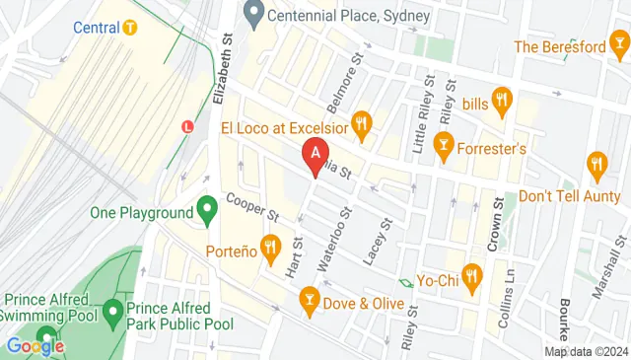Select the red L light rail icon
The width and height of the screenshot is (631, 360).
pyautogui.click(x=188, y=126)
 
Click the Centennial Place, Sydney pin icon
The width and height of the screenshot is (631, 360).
pyautogui.click(x=253, y=16)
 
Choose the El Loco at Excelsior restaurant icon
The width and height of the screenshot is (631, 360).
pyautogui.click(x=363, y=124)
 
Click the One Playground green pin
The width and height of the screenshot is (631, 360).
pyautogui.click(x=207, y=210)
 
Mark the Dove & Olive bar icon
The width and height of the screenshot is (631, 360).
pyautogui.click(x=310, y=300)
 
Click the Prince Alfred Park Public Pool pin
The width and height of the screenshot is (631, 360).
pyautogui.click(x=113, y=315)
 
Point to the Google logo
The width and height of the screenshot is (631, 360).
pyautogui.click(x=35, y=345)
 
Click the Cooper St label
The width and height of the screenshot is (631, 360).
pyautogui.click(x=253, y=207)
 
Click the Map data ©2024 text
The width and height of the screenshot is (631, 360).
pyautogui.click(x=586, y=351)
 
